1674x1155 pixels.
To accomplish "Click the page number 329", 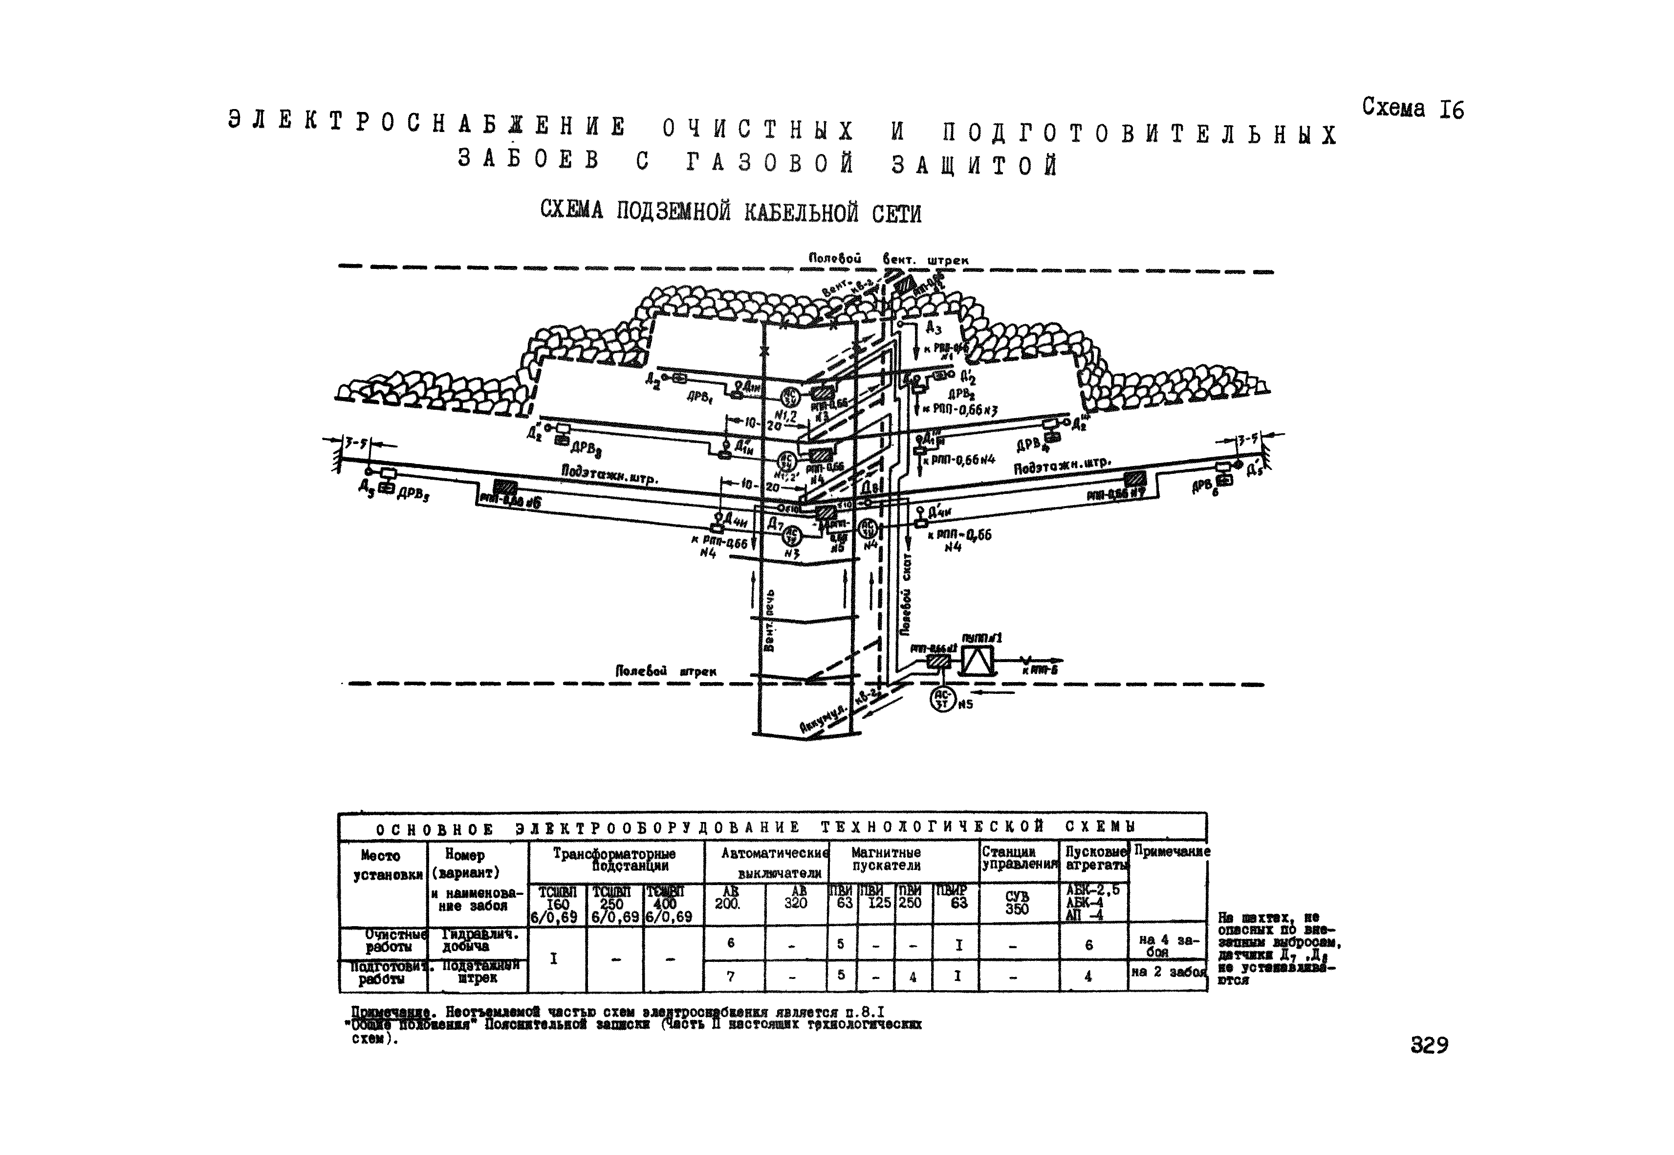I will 1429,1045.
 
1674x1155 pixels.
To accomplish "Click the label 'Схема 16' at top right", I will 1412,109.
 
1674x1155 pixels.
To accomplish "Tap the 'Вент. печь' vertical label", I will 770,619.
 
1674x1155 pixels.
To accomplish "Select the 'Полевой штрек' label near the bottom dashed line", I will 666,671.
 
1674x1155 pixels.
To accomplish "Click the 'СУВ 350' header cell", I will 1017,902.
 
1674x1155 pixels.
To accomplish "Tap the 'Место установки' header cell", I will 382,866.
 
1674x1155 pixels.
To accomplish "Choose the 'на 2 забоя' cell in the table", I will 1167,972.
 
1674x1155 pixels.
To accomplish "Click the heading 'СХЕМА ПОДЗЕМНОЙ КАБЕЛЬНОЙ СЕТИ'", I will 731,212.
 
